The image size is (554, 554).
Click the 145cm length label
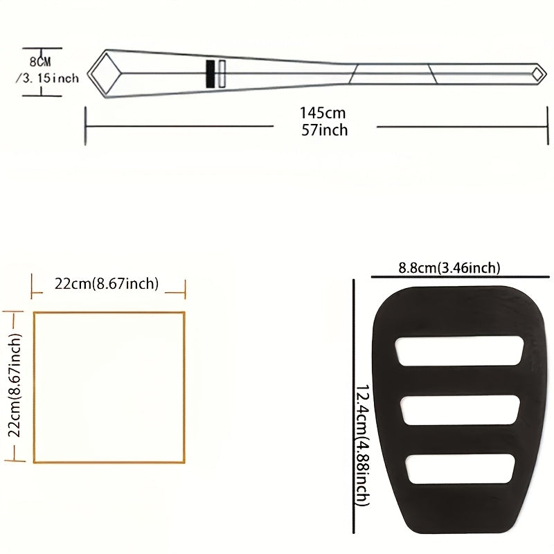point(323,113)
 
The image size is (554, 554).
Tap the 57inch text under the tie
point(324,130)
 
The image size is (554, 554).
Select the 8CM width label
point(40,62)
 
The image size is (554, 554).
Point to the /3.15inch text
point(47,78)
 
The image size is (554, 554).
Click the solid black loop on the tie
point(211,74)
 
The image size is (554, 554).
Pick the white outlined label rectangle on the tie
point(222,74)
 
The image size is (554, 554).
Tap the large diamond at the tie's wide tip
point(105,74)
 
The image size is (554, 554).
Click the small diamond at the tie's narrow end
point(539,74)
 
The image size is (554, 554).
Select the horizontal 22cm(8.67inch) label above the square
point(107,284)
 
